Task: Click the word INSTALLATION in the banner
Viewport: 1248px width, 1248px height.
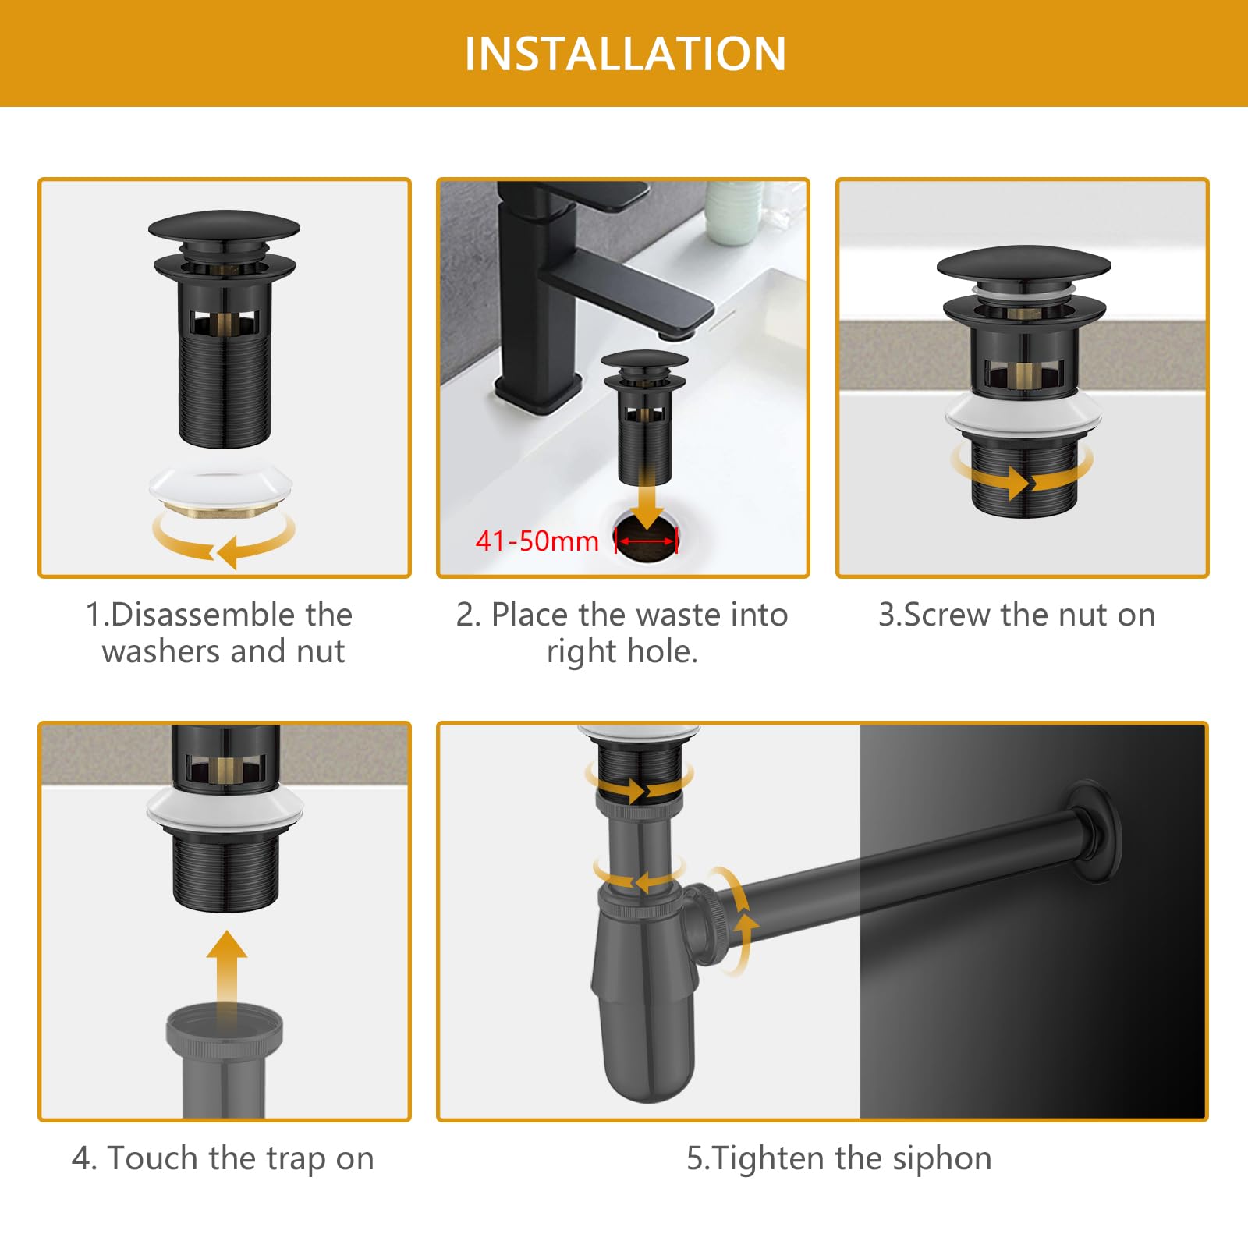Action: point(625,54)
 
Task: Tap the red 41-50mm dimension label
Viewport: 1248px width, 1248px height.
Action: point(537,541)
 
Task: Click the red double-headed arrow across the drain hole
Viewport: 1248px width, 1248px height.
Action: point(647,541)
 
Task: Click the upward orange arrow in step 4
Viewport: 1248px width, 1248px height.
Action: point(227,975)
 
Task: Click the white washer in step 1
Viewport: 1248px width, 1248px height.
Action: point(222,487)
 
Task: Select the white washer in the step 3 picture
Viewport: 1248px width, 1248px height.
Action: point(1023,410)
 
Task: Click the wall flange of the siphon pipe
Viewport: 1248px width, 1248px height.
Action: point(1096,831)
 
